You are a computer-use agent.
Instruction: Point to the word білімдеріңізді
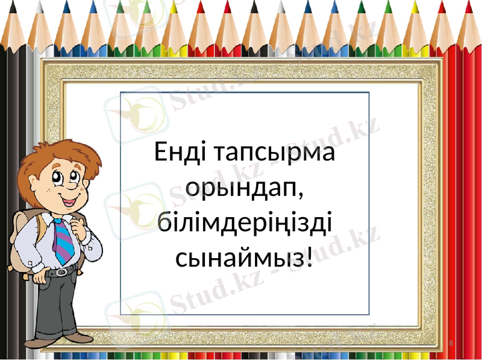[245, 224]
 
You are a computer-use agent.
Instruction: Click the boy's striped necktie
[63, 241]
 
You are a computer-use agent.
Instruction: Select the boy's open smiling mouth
[72, 197]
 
